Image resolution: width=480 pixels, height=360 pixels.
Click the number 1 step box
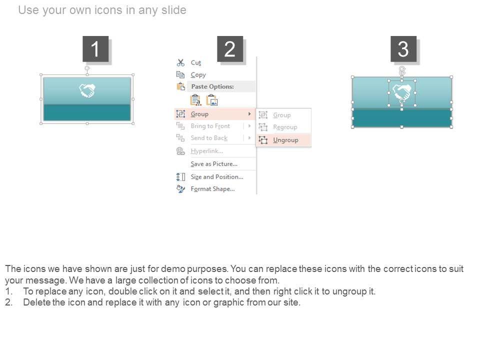click(x=95, y=49)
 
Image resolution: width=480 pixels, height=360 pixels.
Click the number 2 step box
click(x=230, y=49)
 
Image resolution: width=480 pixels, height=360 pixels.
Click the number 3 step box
click(x=403, y=49)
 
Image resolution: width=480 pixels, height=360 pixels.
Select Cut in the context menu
click(x=196, y=63)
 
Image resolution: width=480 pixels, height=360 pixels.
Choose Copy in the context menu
click(x=198, y=75)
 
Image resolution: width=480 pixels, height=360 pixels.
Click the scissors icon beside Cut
click(x=180, y=63)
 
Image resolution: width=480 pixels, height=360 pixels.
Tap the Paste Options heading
click(x=212, y=86)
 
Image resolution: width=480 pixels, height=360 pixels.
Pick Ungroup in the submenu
click(x=285, y=140)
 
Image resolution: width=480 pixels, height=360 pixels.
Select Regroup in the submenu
click(x=285, y=127)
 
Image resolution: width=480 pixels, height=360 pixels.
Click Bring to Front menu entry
click(x=210, y=126)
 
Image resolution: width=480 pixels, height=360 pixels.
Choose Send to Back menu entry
click(x=209, y=138)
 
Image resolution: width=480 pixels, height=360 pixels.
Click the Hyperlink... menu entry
click(x=206, y=151)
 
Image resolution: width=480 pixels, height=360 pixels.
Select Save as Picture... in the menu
click(x=214, y=164)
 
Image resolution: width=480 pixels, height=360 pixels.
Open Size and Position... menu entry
click(x=217, y=177)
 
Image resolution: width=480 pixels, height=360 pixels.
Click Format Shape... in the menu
click(x=213, y=189)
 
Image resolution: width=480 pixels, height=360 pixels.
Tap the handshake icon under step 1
click(x=87, y=90)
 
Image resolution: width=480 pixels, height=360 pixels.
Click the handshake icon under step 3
click(x=402, y=93)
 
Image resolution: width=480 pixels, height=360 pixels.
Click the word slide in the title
click(x=173, y=10)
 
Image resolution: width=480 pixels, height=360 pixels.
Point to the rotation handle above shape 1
click(x=87, y=68)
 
